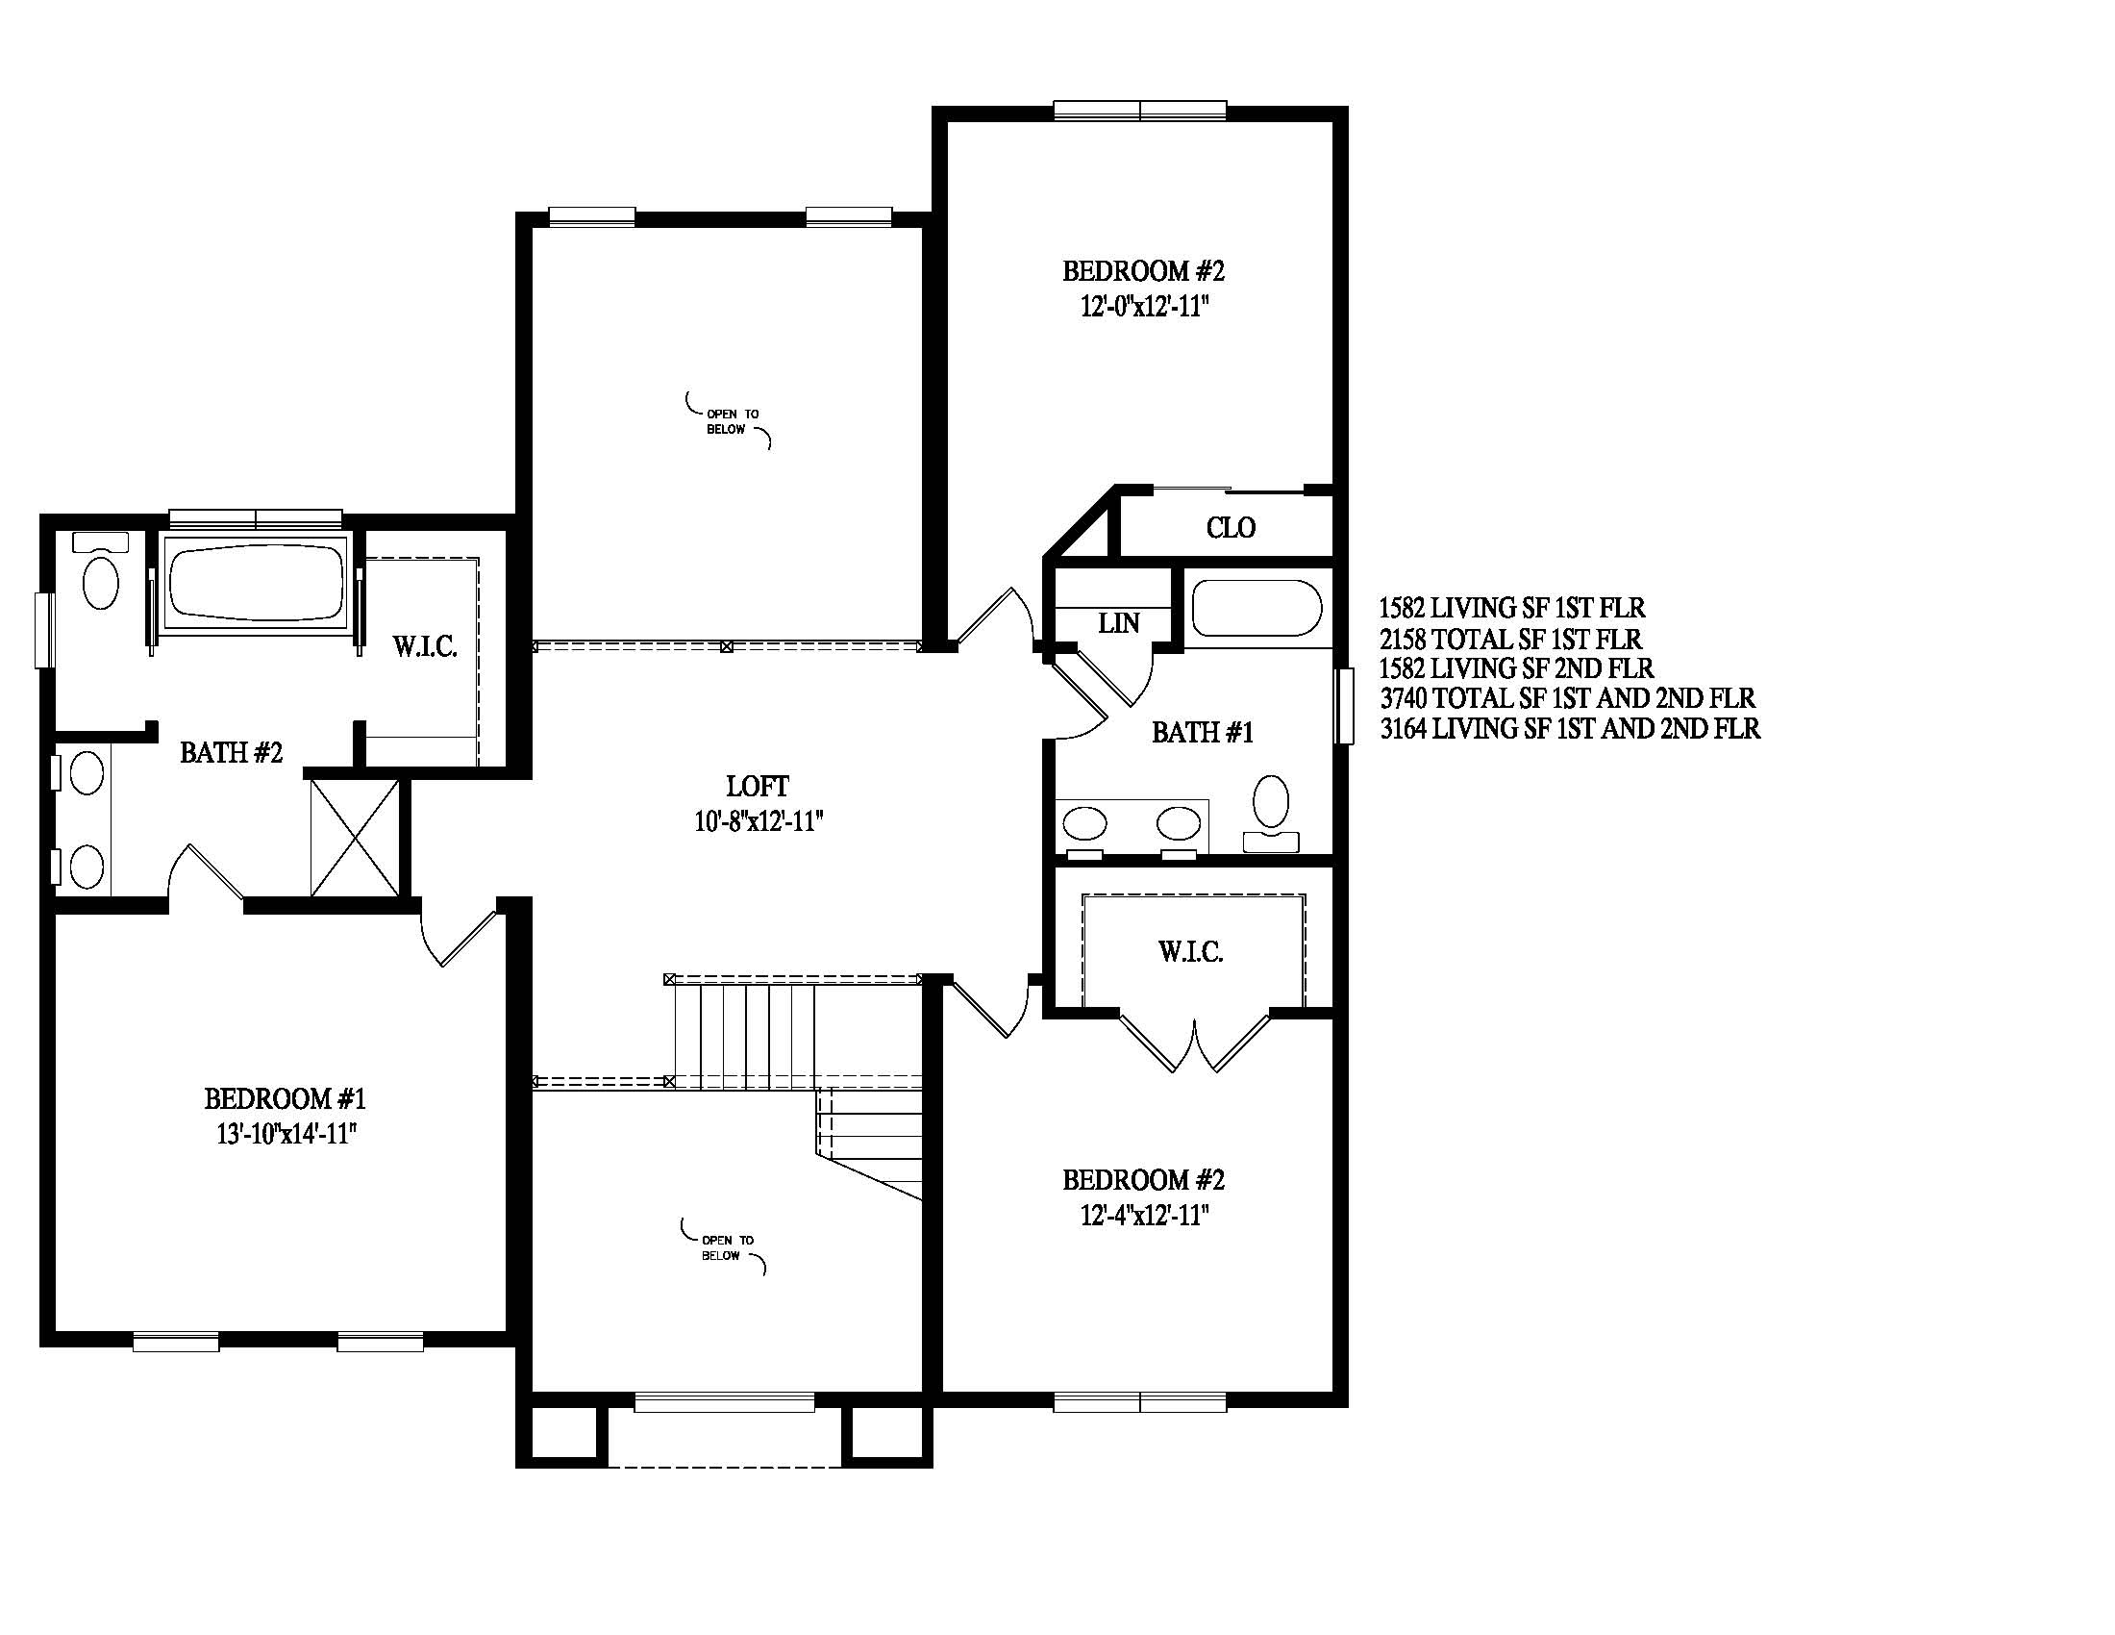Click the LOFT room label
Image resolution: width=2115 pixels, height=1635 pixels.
click(759, 786)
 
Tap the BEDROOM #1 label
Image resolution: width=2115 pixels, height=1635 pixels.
click(285, 1098)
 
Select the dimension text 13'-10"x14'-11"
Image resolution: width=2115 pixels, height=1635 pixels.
click(287, 1133)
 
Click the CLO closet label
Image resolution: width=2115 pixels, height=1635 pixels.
click(1231, 527)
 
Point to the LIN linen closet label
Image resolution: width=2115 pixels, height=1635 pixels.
click(1118, 623)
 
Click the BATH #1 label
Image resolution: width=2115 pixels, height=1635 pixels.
click(1203, 732)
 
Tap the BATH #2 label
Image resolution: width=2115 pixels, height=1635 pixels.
click(232, 752)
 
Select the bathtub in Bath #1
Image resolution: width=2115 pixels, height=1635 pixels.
click(1257, 608)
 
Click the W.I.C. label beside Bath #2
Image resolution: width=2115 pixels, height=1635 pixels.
click(425, 646)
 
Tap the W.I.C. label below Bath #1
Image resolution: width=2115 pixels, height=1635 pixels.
click(1191, 951)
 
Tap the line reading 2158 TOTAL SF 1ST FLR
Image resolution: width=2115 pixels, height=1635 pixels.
click(1510, 639)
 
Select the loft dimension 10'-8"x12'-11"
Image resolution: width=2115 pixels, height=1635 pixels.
click(759, 821)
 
